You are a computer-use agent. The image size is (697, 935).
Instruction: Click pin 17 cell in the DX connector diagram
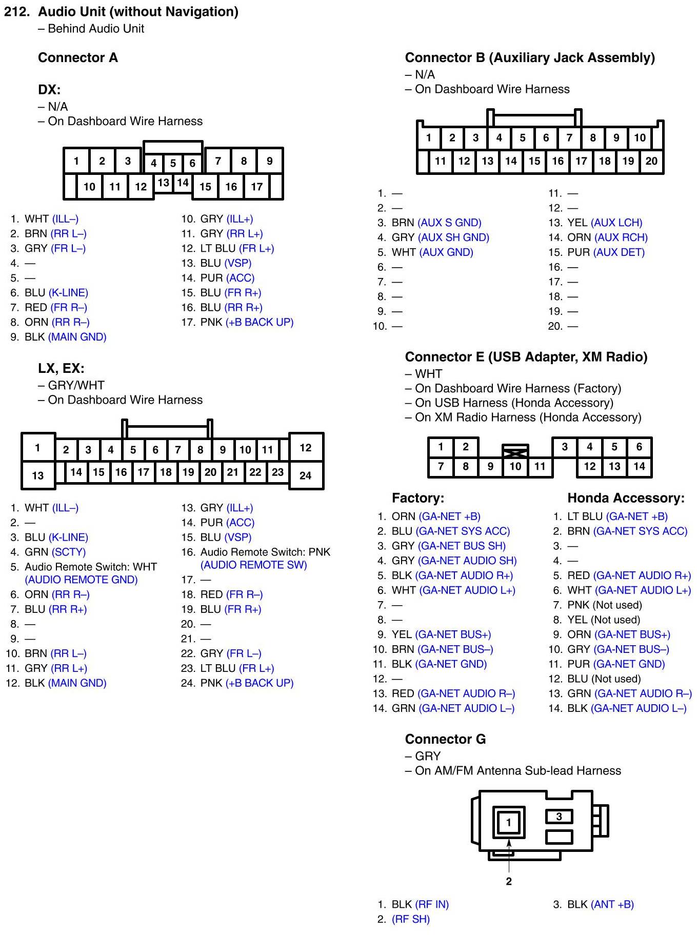tap(256, 187)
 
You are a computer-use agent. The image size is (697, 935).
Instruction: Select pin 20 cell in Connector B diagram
tap(651, 161)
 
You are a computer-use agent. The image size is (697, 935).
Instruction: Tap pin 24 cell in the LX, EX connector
tap(305, 475)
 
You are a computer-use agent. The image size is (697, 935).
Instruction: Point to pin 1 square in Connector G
tap(508, 823)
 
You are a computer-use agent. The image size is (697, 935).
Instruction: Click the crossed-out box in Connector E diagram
tap(515, 452)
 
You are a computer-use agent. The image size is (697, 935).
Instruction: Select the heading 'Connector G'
tap(445, 739)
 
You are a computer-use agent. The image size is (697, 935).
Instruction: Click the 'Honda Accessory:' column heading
tap(625, 498)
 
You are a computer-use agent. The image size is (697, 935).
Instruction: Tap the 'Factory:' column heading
tap(417, 498)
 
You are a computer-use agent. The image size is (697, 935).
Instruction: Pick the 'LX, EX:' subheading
tap(61, 368)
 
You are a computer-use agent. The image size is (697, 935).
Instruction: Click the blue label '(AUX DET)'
tap(619, 252)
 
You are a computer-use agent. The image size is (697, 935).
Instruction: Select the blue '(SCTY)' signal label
tap(69, 552)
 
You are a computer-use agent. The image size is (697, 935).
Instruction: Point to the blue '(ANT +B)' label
tap(612, 904)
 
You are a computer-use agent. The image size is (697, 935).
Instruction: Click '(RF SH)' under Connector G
tap(410, 919)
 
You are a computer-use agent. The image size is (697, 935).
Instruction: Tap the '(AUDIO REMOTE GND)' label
tap(81, 580)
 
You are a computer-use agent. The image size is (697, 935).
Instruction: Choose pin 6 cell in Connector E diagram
tap(639, 447)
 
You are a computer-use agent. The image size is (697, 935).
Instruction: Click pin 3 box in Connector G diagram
tap(559, 816)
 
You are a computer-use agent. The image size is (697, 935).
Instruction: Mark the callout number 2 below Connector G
tap(508, 881)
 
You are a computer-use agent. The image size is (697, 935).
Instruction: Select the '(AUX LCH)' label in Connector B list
tap(616, 223)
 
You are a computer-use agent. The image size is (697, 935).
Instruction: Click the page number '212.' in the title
tap(17, 12)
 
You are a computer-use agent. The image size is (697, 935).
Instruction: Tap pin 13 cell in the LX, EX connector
tap(37, 475)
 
